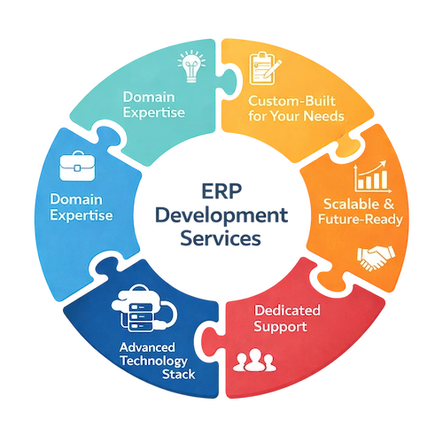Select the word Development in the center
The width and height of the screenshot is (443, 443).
(221, 216)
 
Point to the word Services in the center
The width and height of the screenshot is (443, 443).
(221, 238)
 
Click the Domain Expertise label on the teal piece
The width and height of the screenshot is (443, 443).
(154, 104)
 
